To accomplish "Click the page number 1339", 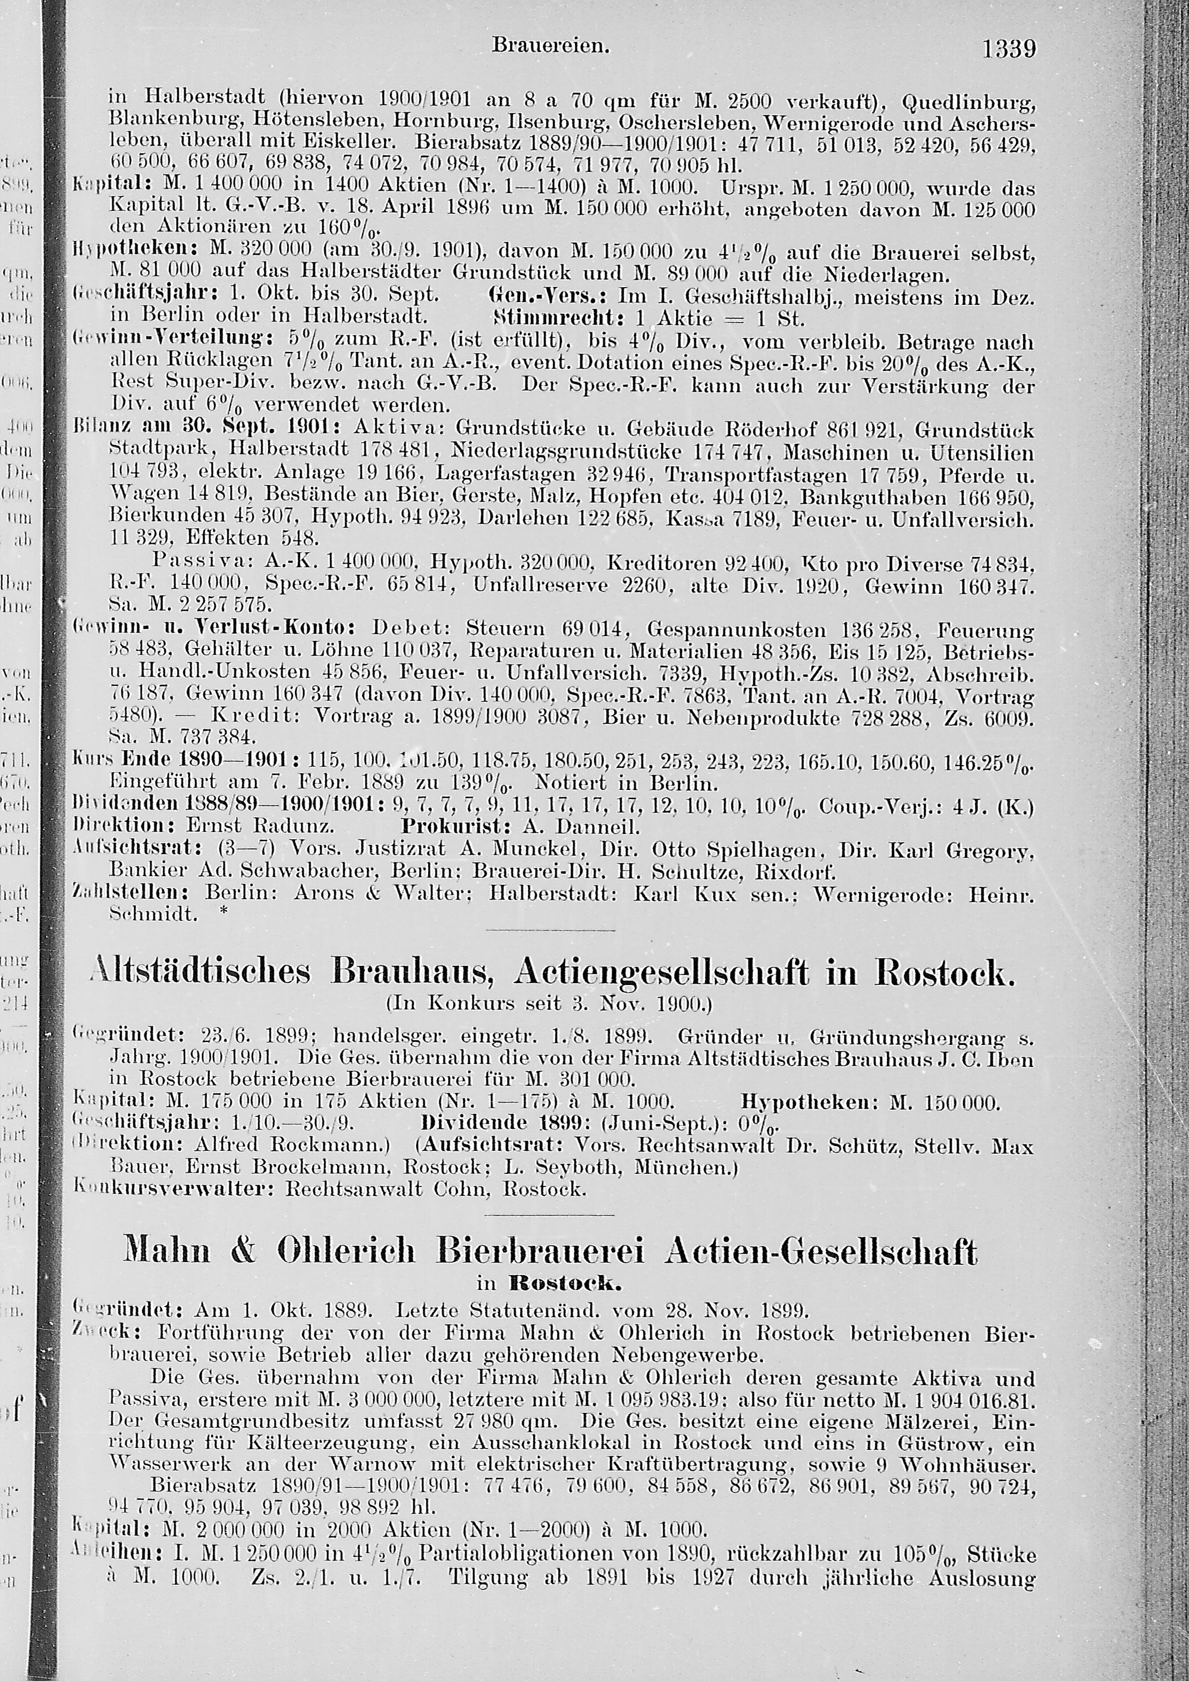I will (1009, 50).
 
